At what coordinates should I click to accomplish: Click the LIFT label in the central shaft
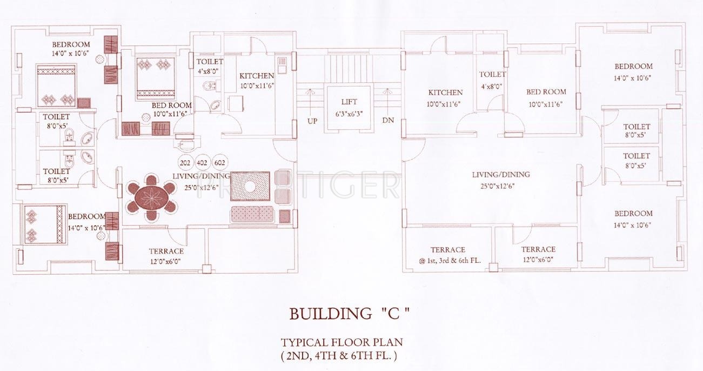coord(349,102)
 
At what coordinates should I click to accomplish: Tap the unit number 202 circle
coord(185,163)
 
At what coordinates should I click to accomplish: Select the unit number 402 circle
coord(202,163)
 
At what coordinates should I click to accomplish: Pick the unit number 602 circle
coord(219,163)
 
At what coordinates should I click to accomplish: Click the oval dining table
coord(152,197)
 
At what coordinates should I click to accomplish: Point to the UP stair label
coord(312,121)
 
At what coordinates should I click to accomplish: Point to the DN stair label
coord(388,120)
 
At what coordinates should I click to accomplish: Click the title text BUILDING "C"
coord(349,314)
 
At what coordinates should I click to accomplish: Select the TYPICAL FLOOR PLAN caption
coord(342,342)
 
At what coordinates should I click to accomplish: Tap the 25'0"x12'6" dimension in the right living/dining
coord(498,186)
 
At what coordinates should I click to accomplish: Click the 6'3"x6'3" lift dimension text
coord(349,114)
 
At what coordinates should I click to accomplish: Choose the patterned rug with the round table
coord(250,186)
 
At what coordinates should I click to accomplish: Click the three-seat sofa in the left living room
coord(252,214)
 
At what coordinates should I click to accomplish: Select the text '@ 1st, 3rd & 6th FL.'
coord(450,261)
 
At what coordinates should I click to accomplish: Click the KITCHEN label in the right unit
coord(445,92)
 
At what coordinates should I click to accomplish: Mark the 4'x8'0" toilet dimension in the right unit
coord(492,87)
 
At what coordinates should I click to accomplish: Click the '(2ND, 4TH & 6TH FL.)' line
coord(339,356)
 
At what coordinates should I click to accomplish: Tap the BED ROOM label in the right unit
coord(546,92)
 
